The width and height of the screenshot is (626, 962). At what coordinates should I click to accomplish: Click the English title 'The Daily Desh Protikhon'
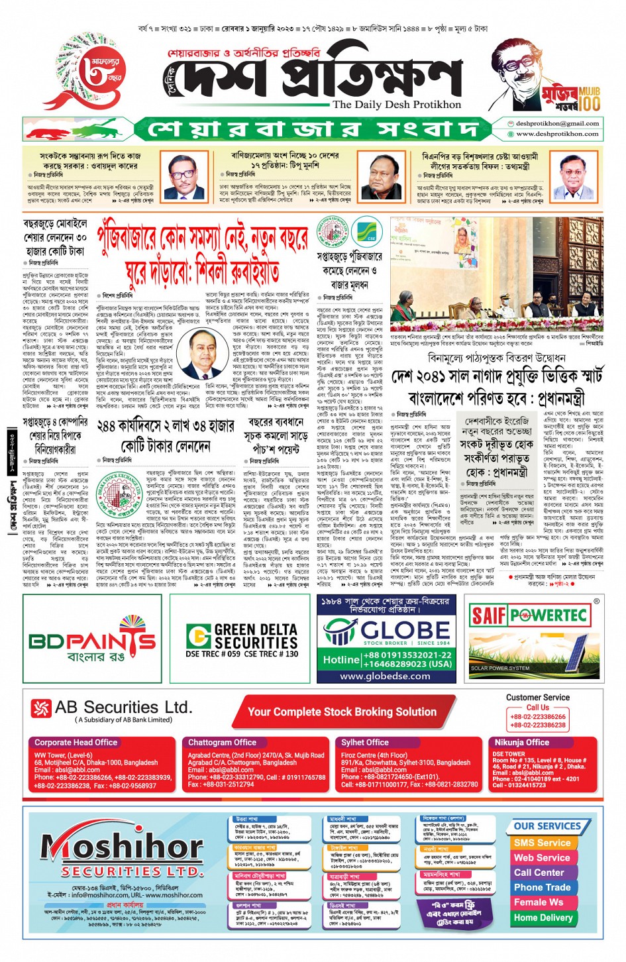(397, 105)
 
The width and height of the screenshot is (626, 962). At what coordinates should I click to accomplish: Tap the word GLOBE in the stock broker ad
(405, 629)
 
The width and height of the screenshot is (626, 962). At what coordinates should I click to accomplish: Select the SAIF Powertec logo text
(529, 615)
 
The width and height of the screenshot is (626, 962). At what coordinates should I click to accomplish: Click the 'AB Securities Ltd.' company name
(123, 708)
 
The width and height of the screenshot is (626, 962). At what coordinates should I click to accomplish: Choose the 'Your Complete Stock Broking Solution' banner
(342, 712)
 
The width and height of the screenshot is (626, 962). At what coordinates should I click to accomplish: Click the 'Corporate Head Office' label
(76, 743)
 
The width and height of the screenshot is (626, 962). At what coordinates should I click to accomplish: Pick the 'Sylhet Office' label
(365, 743)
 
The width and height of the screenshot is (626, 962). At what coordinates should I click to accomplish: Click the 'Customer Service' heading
(537, 697)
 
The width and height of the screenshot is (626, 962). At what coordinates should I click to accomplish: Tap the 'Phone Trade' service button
(542, 887)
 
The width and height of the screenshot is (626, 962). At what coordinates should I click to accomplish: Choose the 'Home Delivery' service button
(543, 918)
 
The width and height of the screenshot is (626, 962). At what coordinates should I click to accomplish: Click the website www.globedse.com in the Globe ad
(384, 676)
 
